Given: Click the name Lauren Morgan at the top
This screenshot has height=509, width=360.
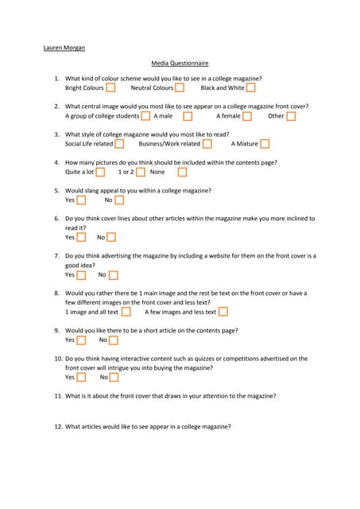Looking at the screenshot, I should pos(64,48).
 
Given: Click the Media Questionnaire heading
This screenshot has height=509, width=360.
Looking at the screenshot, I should pos(180,63).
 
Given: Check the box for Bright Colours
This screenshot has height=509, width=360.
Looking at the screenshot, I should pos(110,88).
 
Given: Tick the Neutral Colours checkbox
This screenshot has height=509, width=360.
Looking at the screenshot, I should pos(180,88).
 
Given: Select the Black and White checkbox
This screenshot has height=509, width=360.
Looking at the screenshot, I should pos(250,88).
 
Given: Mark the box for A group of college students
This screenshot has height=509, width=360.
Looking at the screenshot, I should pos(145,116).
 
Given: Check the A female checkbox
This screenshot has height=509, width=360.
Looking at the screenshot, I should pos(247,116).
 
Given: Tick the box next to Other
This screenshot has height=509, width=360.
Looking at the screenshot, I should pos(291,116).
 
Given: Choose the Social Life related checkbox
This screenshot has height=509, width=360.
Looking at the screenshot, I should pos(119,144).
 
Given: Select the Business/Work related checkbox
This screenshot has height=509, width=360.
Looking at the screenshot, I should pos(207,144).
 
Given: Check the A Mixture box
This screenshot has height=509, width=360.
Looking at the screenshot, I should pos(265,144).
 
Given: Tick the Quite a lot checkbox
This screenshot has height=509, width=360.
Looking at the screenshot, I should pos(100,172).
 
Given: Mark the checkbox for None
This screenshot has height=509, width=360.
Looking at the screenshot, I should pos(182,172).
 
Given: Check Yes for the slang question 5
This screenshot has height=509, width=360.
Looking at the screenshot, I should pos(81,200).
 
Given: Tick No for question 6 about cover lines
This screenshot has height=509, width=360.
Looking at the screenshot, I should pos(111,237).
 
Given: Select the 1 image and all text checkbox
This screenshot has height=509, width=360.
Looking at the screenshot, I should pos(126,312).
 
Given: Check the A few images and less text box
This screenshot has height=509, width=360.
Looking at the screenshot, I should pos(223,312).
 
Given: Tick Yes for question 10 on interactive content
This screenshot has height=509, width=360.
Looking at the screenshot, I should pos(81,378).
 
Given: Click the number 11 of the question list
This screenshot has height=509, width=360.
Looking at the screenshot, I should pos(58,396).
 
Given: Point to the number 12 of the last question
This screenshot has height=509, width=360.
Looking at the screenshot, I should pos(58,427).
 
